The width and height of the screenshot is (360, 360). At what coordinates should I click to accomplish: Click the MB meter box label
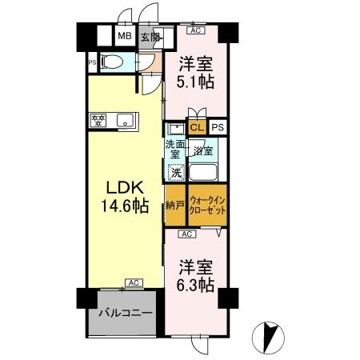pos(125,36)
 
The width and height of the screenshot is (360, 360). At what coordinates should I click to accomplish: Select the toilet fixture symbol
pos(113,62)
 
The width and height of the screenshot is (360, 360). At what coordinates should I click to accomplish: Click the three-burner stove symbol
pos(98,120)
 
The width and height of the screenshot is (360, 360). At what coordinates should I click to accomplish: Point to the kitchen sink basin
pos(125,121)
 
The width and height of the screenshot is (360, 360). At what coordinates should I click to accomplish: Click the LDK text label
pos(125,187)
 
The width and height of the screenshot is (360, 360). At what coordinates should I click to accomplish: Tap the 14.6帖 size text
pos(125,206)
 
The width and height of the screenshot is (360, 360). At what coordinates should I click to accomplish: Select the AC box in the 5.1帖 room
pos(196,30)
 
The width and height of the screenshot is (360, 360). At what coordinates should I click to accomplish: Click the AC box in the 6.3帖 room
pos(187,234)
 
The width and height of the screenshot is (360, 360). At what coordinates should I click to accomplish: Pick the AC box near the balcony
pos(134,282)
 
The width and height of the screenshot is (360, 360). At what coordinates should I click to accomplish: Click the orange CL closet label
pos(198,127)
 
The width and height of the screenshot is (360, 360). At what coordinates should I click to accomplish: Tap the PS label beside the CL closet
pos(218,127)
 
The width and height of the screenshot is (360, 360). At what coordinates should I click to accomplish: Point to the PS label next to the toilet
pos(92,63)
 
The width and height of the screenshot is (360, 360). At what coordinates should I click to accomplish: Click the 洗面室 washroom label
pos(174,150)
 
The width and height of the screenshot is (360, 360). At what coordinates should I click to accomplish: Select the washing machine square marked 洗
pos(176,173)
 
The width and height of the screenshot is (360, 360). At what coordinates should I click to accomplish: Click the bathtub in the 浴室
pos(203,172)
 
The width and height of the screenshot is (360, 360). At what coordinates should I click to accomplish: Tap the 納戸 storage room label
pos(175,206)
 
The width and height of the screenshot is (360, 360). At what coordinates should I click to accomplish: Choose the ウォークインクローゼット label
pos(207,205)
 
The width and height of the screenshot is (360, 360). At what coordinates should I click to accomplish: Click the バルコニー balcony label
pos(126,313)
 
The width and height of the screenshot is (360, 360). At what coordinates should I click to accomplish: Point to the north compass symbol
pos(268,338)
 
